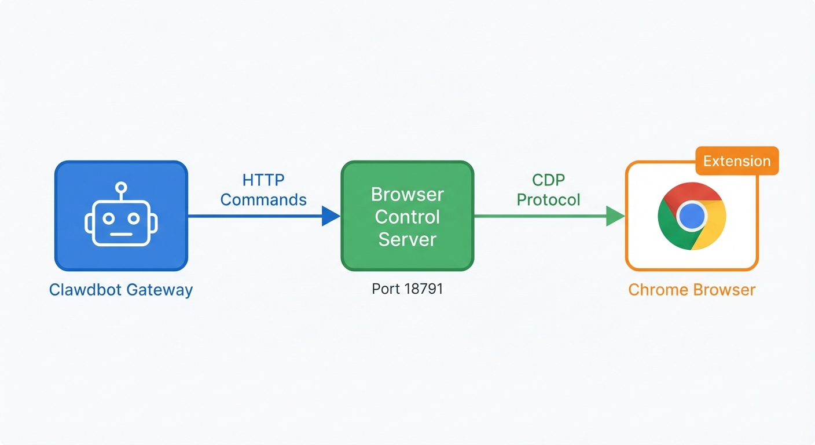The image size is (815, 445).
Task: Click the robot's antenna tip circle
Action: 121,187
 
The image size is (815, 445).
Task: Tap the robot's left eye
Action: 108,218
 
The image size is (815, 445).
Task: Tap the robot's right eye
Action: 134,218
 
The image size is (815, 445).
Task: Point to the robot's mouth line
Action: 121,234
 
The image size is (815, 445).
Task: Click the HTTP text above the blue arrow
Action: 263,180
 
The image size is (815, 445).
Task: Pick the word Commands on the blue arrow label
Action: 263,200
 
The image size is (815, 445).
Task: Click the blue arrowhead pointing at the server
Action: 331,216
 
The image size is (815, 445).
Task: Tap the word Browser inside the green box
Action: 407,194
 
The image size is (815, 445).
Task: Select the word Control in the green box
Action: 407,217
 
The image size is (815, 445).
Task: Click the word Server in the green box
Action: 407,239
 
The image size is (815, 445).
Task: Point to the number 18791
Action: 424,289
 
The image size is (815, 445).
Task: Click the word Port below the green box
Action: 386,289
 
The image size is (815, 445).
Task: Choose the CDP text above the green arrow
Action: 548,180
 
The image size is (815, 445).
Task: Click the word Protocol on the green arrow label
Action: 548,200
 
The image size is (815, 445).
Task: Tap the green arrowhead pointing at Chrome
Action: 615,216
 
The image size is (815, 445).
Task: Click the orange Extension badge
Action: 737,161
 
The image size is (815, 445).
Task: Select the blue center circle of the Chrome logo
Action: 692,216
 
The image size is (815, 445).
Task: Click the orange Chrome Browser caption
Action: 692,290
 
